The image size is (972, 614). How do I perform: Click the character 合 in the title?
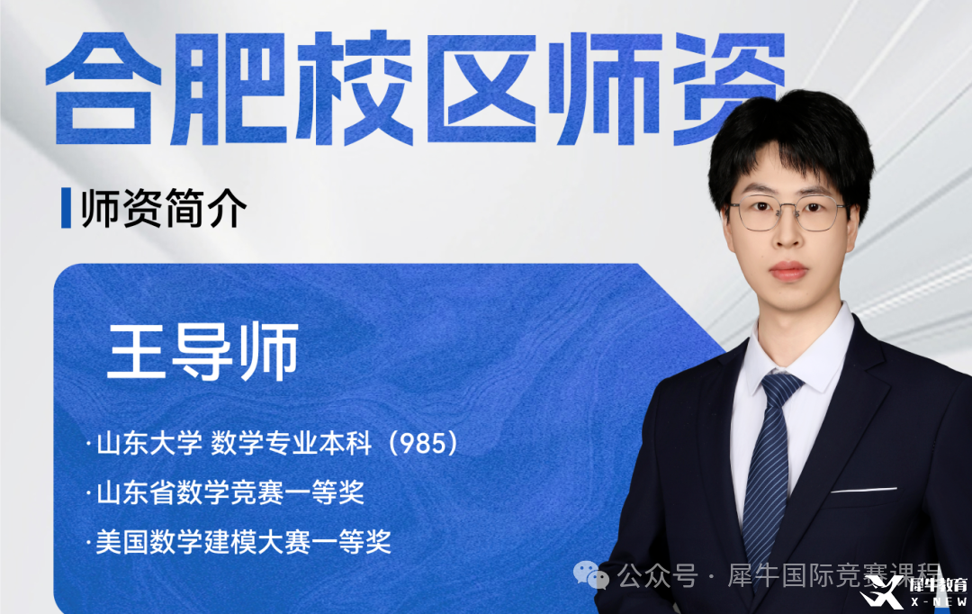coord(103,87)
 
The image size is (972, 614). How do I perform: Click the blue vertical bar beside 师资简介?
coord(66,208)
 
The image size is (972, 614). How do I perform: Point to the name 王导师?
coord(203,350)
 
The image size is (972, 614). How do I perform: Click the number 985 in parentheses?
coord(423,444)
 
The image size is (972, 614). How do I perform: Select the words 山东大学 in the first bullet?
coord(149,444)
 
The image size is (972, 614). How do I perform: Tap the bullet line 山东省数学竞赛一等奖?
coord(230,493)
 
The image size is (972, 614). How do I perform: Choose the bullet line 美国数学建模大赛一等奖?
coord(243,542)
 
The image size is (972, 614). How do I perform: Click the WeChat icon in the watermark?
coord(590,574)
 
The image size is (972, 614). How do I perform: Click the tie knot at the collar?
coord(781,385)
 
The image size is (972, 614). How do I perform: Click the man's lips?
coord(787,271)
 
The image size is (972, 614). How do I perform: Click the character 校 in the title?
coord(355,87)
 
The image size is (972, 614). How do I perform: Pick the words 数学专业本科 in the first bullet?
coord(292,444)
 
